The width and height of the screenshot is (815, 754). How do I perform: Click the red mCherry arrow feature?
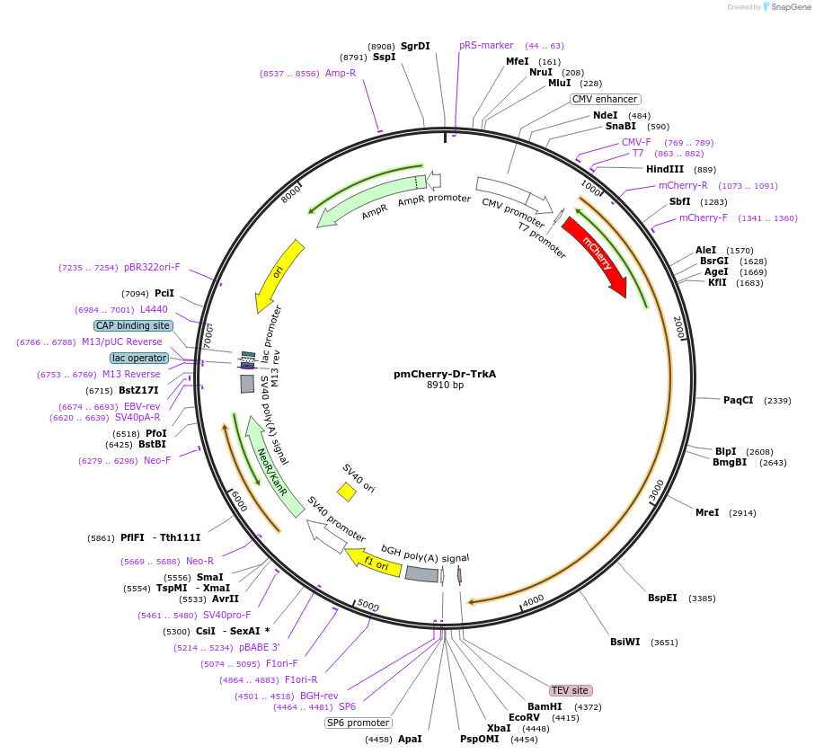coord(593,256)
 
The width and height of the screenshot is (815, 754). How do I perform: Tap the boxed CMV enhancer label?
coord(605,99)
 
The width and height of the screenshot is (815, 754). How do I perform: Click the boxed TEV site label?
coord(571,690)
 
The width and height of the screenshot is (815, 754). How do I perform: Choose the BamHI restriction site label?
coord(545,706)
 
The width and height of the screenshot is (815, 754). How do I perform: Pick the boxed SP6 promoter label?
coord(359,723)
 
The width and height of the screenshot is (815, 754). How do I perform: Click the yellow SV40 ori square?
coord(346,492)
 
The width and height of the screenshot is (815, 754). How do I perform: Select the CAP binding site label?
coord(133,325)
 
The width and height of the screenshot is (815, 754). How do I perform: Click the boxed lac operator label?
coord(139,358)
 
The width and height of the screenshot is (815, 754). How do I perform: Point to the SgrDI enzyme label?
coord(415,45)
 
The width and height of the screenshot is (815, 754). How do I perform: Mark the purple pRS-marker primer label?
coord(486,45)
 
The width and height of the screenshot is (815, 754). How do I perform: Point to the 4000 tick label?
coord(533,599)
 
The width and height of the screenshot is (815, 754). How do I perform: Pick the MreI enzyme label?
coord(707,512)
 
